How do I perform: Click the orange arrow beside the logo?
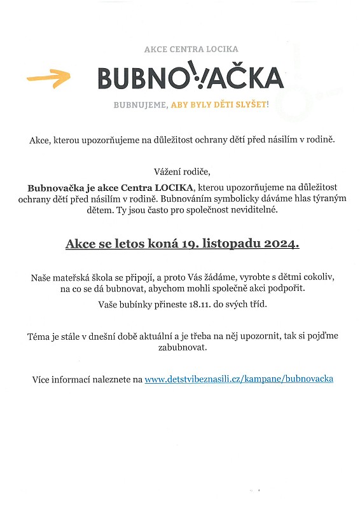[x=48, y=78]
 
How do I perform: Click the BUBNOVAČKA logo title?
[x=190, y=77]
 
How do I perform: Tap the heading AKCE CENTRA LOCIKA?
[x=182, y=49]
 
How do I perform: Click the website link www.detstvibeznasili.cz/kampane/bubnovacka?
[x=239, y=379]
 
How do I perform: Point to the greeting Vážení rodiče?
[x=181, y=171]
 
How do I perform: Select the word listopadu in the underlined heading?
[x=237, y=244]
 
